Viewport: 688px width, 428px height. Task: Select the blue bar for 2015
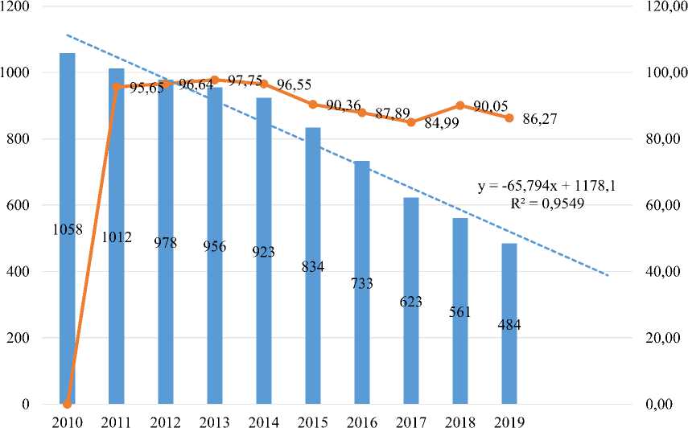313,338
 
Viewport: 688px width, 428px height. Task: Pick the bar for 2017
411,354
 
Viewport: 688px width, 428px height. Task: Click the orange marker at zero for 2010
68,403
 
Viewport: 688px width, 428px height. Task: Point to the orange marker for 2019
509,118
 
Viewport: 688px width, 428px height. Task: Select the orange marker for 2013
215,80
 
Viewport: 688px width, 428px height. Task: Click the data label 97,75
245,81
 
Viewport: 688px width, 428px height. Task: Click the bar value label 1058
68,230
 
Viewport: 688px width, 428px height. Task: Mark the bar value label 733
362,283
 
